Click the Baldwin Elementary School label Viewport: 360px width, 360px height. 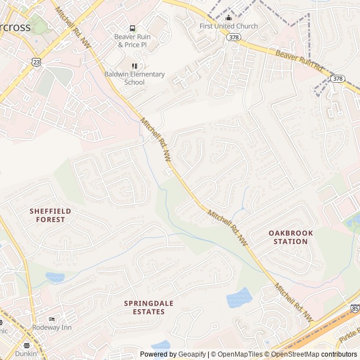pyautogui.click(x=134, y=78)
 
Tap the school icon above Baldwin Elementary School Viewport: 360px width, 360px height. pyautogui.click(x=134, y=66)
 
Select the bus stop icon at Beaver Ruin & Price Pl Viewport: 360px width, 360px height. pyautogui.click(x=132, y=28)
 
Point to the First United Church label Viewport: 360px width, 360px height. pyautogui.click(x=229, y=26)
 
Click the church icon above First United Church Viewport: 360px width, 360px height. pyautogui.click(x=228, y=17)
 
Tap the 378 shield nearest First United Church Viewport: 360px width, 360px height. pyautogui.click(x=233, y=37)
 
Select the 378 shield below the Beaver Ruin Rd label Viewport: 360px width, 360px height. pyautogui.click(x=337, y=78)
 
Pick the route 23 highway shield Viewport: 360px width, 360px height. pyautogui.click(x=37, y=62)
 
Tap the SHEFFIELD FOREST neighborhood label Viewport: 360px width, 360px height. pyautogui.click(x=51, y=215)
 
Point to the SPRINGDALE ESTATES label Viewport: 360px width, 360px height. pyautogui.click(x=148, y=307)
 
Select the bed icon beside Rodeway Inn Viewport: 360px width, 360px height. pyautogui.click(x=52, y=319)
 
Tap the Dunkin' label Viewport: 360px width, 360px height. pyautogui.click(x=26, y=354)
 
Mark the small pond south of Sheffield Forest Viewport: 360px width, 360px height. pyautogui.click(x=55, y=277)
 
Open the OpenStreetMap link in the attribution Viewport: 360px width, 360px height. pyautogui.click(x=292, y=354)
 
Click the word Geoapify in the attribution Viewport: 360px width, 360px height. pyautogui.click(x=192, y=354)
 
